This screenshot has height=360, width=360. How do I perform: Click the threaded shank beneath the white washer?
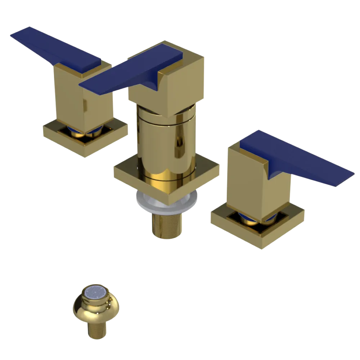click(166, 225)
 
